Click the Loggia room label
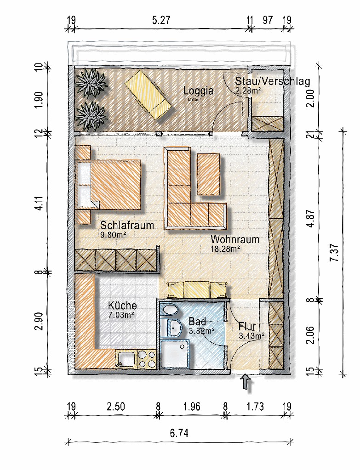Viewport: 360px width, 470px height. [198, 91]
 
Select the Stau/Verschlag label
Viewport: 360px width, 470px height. [272, 81]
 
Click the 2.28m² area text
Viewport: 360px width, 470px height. [248, 91]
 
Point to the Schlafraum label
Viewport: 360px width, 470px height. [127, 226]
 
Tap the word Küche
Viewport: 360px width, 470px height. [122, 306]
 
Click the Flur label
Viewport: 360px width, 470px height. [247, 327]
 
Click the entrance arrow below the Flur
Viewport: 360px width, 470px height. [246, 383]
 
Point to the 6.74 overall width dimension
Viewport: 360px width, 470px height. [179, 433]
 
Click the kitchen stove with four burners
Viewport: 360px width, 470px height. [147, 359]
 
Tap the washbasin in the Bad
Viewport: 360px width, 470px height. [175, 328]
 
